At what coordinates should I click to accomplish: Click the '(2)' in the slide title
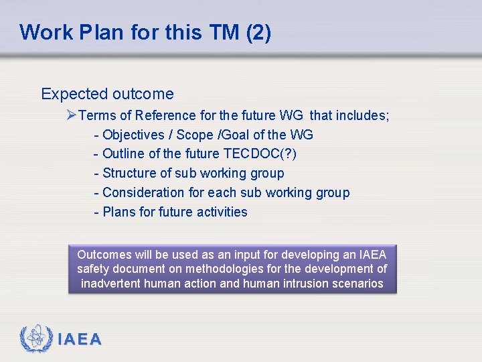pyautogui.click(x=258, y=32)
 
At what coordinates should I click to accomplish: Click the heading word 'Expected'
pyautogui.click(x=74, y=94)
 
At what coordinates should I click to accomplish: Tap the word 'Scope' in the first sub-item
pyautogui.click(x=195, y=135)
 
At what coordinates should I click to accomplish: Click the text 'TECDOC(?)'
pyautogui.click(x=260, y=154)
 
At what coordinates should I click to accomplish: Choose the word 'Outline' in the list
pyautogui.click(x=124, y=154)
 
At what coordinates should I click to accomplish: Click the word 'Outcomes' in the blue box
pyautogui.click(x=104, y=255)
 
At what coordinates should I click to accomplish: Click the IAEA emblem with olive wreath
pyautogui.click(x=36, y=339)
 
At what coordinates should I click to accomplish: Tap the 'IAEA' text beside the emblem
pyautogui.click(x=80, y=340)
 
